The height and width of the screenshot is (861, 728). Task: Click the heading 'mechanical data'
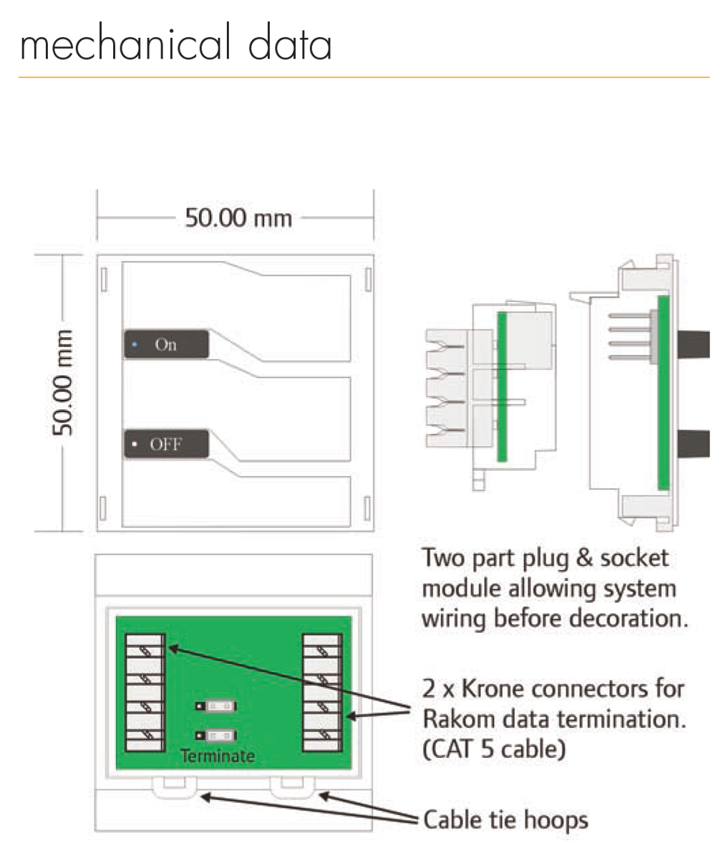(175, 43)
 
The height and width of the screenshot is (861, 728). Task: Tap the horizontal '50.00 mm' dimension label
(238, 218)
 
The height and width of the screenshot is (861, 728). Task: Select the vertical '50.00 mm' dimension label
(62, 383)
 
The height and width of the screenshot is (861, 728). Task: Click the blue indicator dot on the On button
(135, 345)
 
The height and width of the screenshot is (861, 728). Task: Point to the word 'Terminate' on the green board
(218, 756)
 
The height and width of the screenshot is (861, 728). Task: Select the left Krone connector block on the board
(145, 693)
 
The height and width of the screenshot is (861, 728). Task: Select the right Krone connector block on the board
(323, 693)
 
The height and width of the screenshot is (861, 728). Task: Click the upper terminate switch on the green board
(216, 706)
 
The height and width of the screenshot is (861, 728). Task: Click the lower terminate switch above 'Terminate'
(216, 736)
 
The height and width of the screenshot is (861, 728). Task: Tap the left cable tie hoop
(174, 787)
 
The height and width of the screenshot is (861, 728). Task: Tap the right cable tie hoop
(292, 787)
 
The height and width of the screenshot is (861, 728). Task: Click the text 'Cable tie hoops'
(505, 819)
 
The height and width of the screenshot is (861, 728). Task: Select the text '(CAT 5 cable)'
(494, 749)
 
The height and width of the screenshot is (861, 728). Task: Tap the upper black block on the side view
(694, 344)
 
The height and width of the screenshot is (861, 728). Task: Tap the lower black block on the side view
(694, 444)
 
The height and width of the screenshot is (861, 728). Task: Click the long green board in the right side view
(664, 392)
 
